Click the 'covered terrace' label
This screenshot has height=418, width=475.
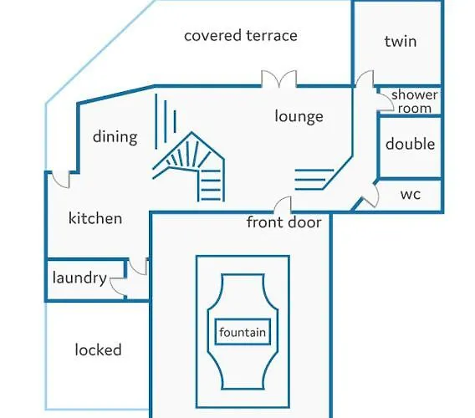tap(241, 35)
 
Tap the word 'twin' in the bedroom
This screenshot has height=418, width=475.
tap(401, 41)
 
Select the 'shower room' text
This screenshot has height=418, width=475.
tap(415, 101)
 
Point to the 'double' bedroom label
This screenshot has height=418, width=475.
tap(410, 144)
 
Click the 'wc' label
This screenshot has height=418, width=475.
tap(411, 195)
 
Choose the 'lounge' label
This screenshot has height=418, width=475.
tap(299, 116)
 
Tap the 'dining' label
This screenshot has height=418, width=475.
tap(115, 136)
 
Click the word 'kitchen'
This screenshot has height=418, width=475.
tap(95, 218)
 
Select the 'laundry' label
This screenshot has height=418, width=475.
tap(79, 278)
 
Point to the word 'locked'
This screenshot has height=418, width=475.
tap(98, 349)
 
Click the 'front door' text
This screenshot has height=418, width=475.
tap(283, 222)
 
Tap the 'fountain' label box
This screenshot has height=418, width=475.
tap(243, 332)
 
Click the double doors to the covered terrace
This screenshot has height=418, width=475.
tap(279, 79)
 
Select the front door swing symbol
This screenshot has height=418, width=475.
tap(283, 204)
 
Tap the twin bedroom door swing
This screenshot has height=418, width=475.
tap(365, 78)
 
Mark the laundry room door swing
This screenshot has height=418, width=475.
tap(118, 286)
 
